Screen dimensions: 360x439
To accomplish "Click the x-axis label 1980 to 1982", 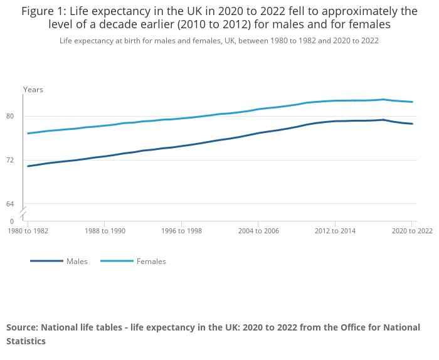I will [x=28, y=231].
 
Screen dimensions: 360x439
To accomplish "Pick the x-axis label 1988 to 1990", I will [x=104, y=231].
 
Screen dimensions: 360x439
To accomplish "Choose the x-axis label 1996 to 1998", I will [x=181, y=231].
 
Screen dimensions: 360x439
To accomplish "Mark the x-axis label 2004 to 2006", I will [x=258, y=231].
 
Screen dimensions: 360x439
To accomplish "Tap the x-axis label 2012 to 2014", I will [x=335, y=231].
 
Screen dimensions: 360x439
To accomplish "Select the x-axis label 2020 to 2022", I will [x=411, y=231].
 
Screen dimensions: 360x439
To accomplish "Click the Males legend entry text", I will [x=77, y=261].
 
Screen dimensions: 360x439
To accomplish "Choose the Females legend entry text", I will [x=151, y=261].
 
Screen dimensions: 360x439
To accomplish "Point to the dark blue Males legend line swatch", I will [x=46, y=261].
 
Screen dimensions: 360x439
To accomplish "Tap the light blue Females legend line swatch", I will [x=117, y=261].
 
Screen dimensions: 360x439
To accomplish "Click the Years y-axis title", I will [x=33, y=90].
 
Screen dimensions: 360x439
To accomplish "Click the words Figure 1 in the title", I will [x=44, y=11].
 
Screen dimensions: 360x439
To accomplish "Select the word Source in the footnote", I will [x=23, y=327].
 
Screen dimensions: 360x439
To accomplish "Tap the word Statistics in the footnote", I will [x=26, y=341].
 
